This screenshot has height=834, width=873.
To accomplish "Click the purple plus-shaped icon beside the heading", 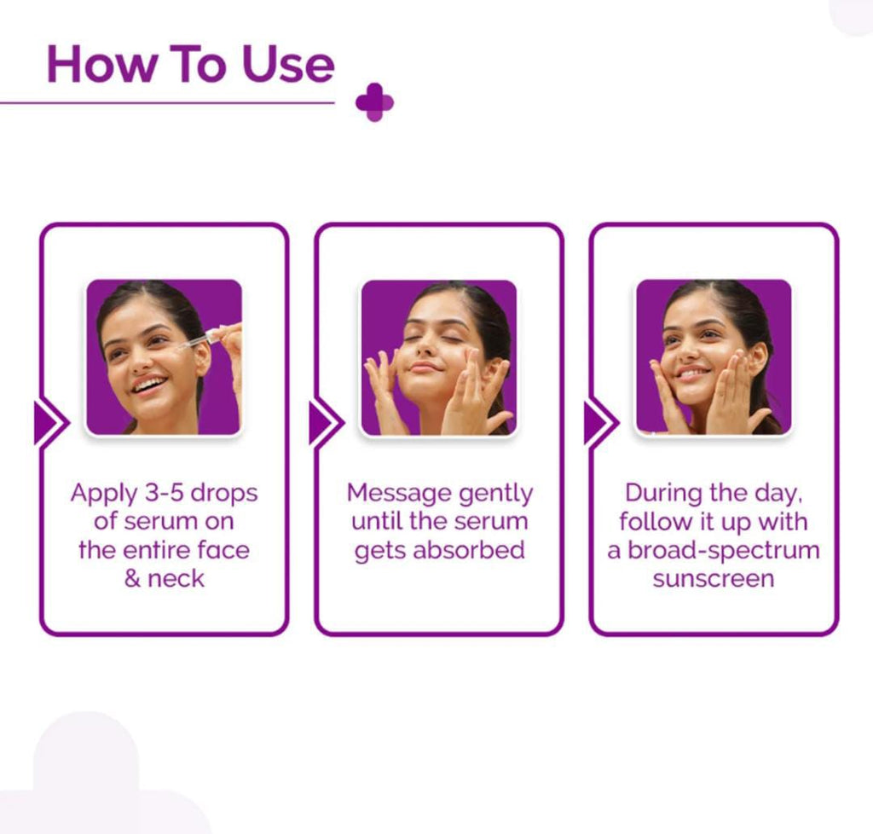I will [374, 102].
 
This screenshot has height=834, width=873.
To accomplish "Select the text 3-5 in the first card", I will [169, 493].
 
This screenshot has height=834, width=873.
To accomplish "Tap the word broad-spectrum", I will [724, 551].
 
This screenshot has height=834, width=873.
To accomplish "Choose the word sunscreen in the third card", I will [714, 579].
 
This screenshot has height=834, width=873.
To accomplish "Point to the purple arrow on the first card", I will [50, 423].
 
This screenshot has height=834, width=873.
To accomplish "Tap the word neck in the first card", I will [176, 578].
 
